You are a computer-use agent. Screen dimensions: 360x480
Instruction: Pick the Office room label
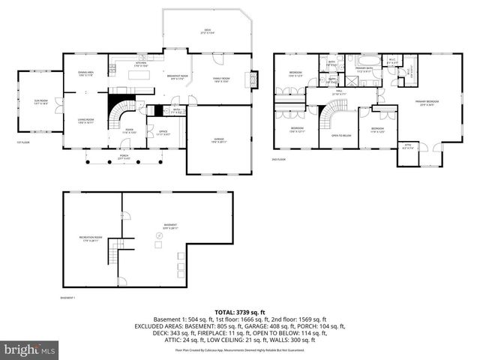tap(163, 134)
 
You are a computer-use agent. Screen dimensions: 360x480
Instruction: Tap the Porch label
tap(124, 158)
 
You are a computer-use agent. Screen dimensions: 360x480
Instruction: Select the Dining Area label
tap(85, 73)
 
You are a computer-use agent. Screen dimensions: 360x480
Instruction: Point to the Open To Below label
tap(336, 136)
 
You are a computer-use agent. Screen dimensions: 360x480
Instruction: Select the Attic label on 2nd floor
tap(408, 147)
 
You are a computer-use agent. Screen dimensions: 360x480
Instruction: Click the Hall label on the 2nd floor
tap(338, 93)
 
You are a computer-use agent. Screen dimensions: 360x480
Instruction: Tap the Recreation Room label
tap(90, 239)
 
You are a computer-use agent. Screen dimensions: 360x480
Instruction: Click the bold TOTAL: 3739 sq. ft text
tap(240, 311)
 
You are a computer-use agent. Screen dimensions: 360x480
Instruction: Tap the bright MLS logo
tap(30, 349)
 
